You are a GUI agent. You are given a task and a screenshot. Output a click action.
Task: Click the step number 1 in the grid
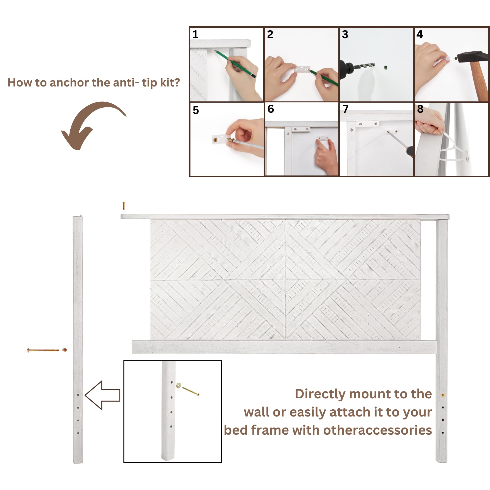click(195, 35)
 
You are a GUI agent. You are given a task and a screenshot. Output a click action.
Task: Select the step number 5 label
click(196, 110)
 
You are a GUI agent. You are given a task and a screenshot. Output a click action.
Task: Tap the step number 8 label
click(420, 109)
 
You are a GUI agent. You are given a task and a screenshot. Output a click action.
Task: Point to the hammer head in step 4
click(472, 57)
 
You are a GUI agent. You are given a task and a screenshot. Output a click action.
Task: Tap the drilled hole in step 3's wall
click(386, 67)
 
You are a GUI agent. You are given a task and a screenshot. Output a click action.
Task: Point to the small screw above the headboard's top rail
click(124, 206)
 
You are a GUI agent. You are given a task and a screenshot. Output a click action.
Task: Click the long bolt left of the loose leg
click(43, 350)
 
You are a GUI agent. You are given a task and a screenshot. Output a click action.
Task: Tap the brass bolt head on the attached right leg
click(443, 395)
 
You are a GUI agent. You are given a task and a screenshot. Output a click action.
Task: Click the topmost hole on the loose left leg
click(78, 395)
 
